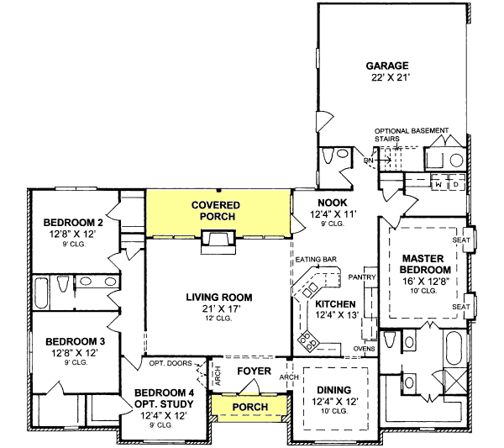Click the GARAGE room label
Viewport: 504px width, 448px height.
(x=387, y=66)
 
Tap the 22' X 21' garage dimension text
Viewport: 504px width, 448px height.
(x=387, y=77)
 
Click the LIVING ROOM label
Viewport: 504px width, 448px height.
(x=218, y=298)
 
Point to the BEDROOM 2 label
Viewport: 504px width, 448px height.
(x=73, y=223)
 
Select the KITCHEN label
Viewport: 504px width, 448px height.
(x=336, y=304)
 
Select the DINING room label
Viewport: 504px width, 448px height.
(x=334, y=390)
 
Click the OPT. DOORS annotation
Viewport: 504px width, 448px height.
(x=169, y=363)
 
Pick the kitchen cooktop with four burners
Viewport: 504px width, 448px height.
(x=309, y=340)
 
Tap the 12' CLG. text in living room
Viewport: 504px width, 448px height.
(x=218, y=319)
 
